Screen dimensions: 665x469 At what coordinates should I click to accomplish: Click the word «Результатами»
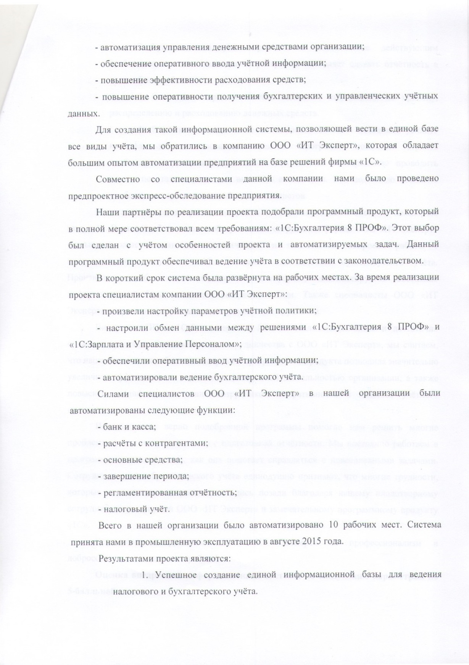pos(132,558)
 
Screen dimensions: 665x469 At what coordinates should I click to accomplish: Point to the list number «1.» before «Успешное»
pos(146,575)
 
